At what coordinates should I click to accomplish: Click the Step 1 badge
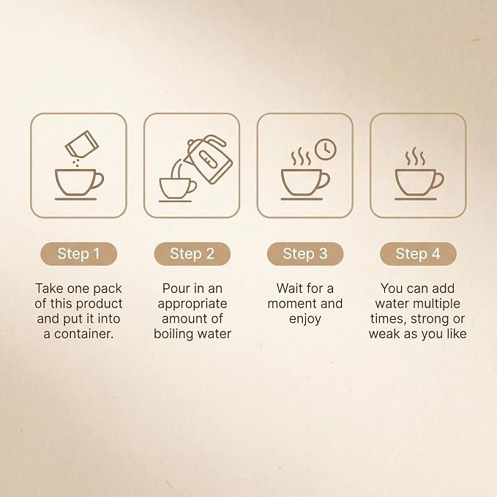(x=78, y=253)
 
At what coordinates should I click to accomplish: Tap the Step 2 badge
(x=192, y=253)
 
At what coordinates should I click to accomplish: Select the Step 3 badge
(x=305, y=253)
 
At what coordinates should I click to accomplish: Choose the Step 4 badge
(x=418, y=253)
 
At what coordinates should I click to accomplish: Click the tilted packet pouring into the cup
(x=82, y=144)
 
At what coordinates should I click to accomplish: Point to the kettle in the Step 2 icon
(x=209, y=159)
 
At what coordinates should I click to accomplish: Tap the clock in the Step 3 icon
(x=326, y=149)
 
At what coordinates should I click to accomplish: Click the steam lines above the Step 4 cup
(x=415, y=157)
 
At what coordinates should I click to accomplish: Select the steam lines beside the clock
(x=301, y=157)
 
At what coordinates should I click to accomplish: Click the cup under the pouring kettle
(x=177, y=188)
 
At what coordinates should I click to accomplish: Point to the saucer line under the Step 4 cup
(x=416, y=199)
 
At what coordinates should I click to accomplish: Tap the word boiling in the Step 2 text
(x=173, y=334)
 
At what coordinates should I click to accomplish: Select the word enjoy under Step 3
(x=305, y=319)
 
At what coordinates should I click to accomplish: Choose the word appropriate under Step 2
(x=193, y=304)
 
